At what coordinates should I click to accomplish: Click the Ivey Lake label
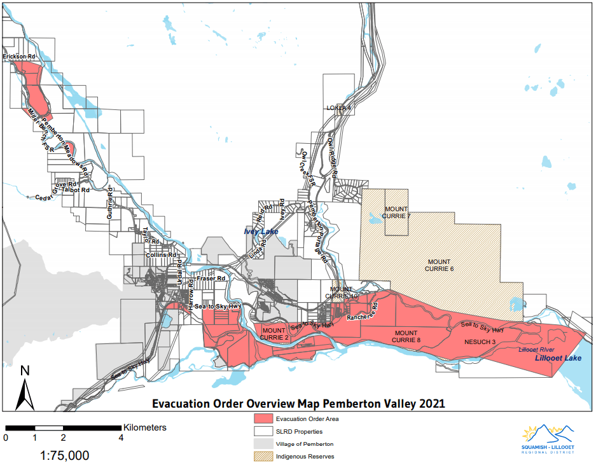coord(261,231)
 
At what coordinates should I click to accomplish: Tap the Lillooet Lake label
coord(558,359)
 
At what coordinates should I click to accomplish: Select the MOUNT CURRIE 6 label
coord(440,265)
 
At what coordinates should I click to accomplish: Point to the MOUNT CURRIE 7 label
coord(396,212)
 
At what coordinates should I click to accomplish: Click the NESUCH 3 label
coord(480,342)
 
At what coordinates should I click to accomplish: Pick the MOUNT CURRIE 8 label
coord(407,336)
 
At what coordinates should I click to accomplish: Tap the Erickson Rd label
coord(18,57)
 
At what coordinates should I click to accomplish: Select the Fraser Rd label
coord(211,279)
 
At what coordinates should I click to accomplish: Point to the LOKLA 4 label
coord(338,107)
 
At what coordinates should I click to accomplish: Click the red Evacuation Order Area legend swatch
coord(261,419)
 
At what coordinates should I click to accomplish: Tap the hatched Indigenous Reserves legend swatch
coord(261,456)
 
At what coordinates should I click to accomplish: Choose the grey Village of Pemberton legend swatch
coord(261,444)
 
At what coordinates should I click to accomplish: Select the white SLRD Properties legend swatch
coord(261,432)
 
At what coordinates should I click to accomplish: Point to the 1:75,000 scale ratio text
coord(64,455)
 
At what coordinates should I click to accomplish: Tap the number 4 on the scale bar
coord(121,438)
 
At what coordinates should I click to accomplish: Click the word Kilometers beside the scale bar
coord(145,427)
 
